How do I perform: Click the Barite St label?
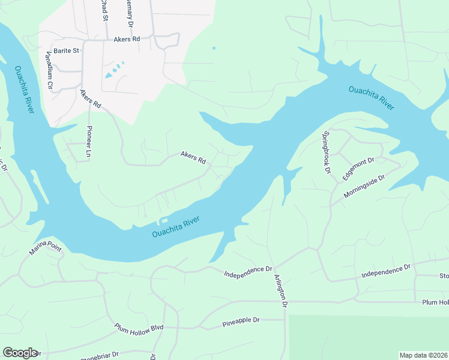click(66, 51)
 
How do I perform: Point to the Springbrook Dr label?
click(327, 152)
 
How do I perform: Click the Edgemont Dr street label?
click(358, 169)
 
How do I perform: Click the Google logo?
click(20, 353)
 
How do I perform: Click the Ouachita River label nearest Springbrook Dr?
click(371, 98)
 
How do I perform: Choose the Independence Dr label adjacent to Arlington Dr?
click(248, 272)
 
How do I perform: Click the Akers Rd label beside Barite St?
click(126, 39)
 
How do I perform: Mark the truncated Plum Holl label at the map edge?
click(435, 302)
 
